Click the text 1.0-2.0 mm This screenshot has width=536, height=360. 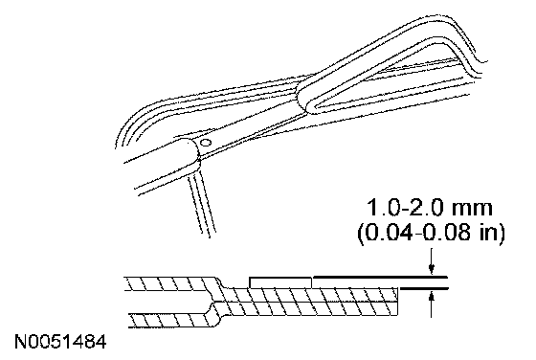[430, 208]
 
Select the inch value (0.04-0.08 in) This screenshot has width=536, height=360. [431, 234]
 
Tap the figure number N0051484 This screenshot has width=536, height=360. [60, 342]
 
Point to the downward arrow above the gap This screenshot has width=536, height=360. [432, 261]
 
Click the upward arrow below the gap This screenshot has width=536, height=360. [432, 304]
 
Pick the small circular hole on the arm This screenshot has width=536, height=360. [206, 142]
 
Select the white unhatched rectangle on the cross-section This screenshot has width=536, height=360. [280, 282]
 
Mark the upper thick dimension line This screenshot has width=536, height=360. [381, 277]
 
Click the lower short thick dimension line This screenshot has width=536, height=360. [424, 289]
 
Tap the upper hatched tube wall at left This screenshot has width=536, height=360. [171, 283]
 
